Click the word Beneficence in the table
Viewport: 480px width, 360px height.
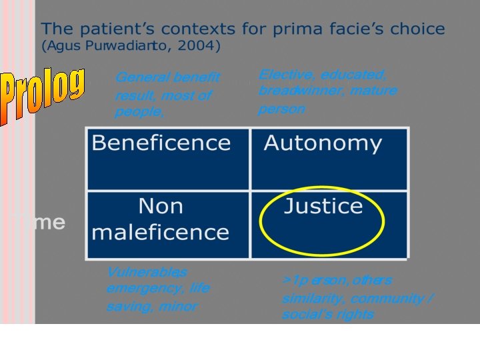click(161, 143)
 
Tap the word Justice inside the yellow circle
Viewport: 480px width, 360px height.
click(323, 206)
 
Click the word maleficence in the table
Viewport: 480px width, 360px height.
click(161, 232)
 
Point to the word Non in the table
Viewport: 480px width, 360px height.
click(161, 206)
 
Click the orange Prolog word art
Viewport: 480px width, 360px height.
click(42, 95)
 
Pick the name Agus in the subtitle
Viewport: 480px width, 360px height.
click(63, 47)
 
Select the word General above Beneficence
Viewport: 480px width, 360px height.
click(141, 77)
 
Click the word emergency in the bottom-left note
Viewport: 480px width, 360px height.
click(141, 288)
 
